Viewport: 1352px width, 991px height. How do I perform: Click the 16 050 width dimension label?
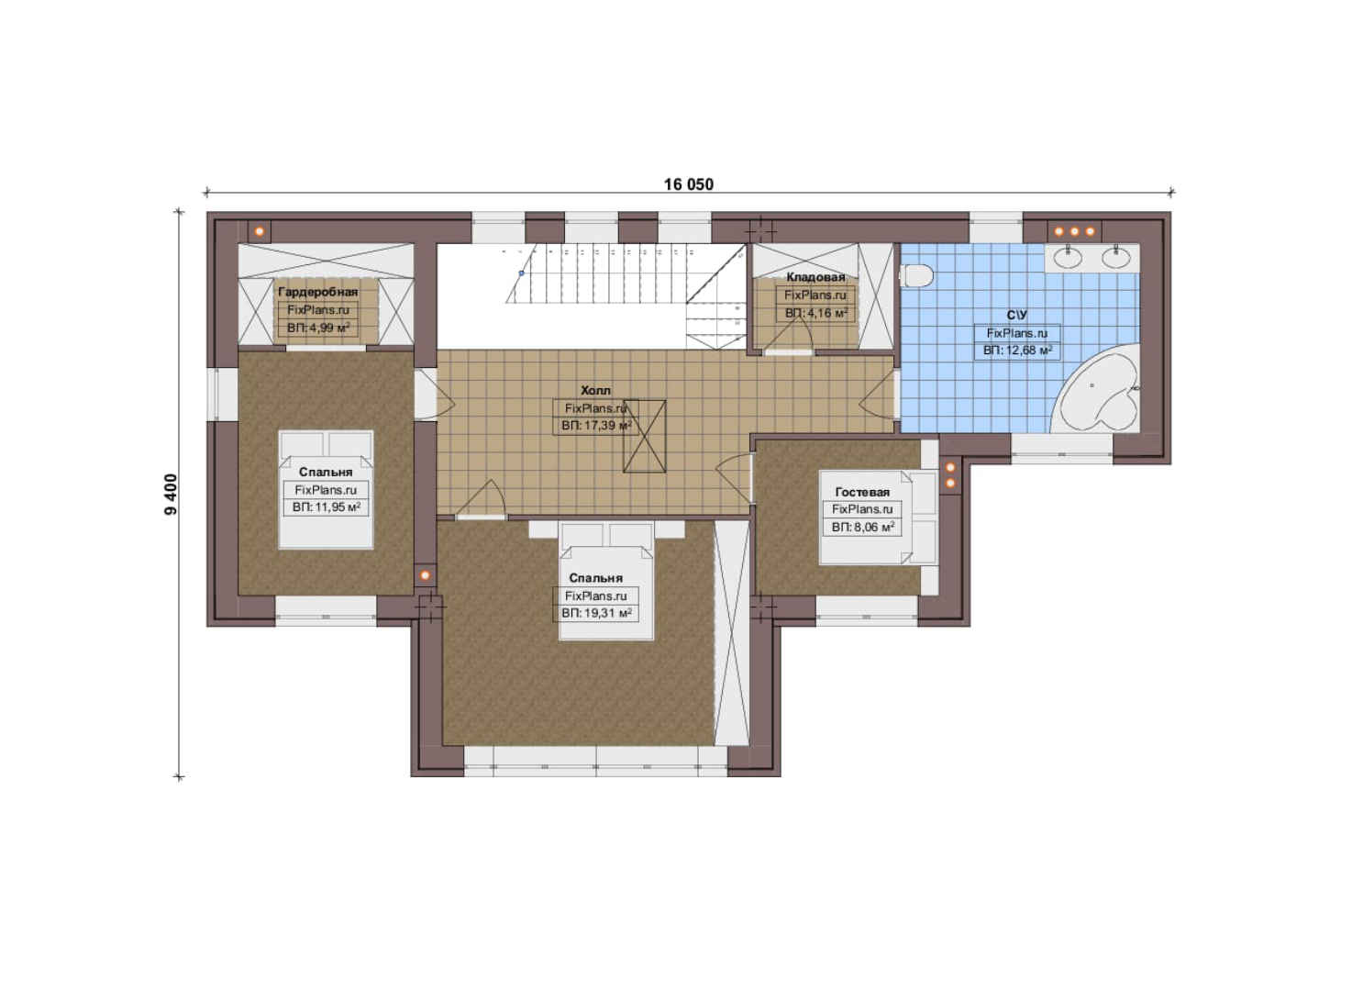pyautogui.click(x=689, y=184)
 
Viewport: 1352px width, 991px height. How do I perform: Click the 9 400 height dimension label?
pyautogui.click(x=172, y=495)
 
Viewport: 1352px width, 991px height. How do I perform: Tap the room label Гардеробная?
pyautogui.click(x=318, y=293)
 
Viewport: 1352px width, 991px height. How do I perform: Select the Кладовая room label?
pyautogui.click(x=815, y=277)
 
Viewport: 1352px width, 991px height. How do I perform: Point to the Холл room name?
pyautogui.click(x=595, y=391)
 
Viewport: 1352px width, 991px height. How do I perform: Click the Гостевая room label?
pyautogui.click(x=862, y=492)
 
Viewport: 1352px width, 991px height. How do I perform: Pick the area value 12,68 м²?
pyautogui.click(x=1017, y=351)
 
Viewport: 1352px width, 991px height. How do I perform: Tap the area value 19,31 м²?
pyautogui.click(x=596, y=614)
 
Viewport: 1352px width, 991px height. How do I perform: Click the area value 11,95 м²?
pyautogui.click(x=326, y=507)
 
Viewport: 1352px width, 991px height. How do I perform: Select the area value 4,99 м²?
pyautogui.click(x=318, y=328)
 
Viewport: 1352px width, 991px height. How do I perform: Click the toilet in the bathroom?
pyautogui.click(x=917, y=275)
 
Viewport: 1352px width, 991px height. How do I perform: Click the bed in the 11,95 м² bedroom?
pyautogui.click(x=326, y=490)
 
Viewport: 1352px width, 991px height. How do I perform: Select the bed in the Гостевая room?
pyautogui.click(x=879, y=518)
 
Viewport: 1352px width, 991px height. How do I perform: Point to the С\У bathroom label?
pyautogui.click(x=1017, y=316)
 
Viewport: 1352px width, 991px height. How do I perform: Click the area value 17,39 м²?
pyautogui.click(x=596, y=426)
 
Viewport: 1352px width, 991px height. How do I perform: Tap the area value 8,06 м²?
pyautogui.click(x=862, y=528)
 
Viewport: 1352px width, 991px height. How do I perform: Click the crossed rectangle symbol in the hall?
pyautogui.click(x=645, y=436)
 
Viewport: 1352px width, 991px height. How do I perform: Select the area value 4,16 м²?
pyautogui.click(x=816, y=314)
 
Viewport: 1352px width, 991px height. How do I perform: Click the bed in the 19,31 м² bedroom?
pyautogui.click(x=606, y=581)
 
